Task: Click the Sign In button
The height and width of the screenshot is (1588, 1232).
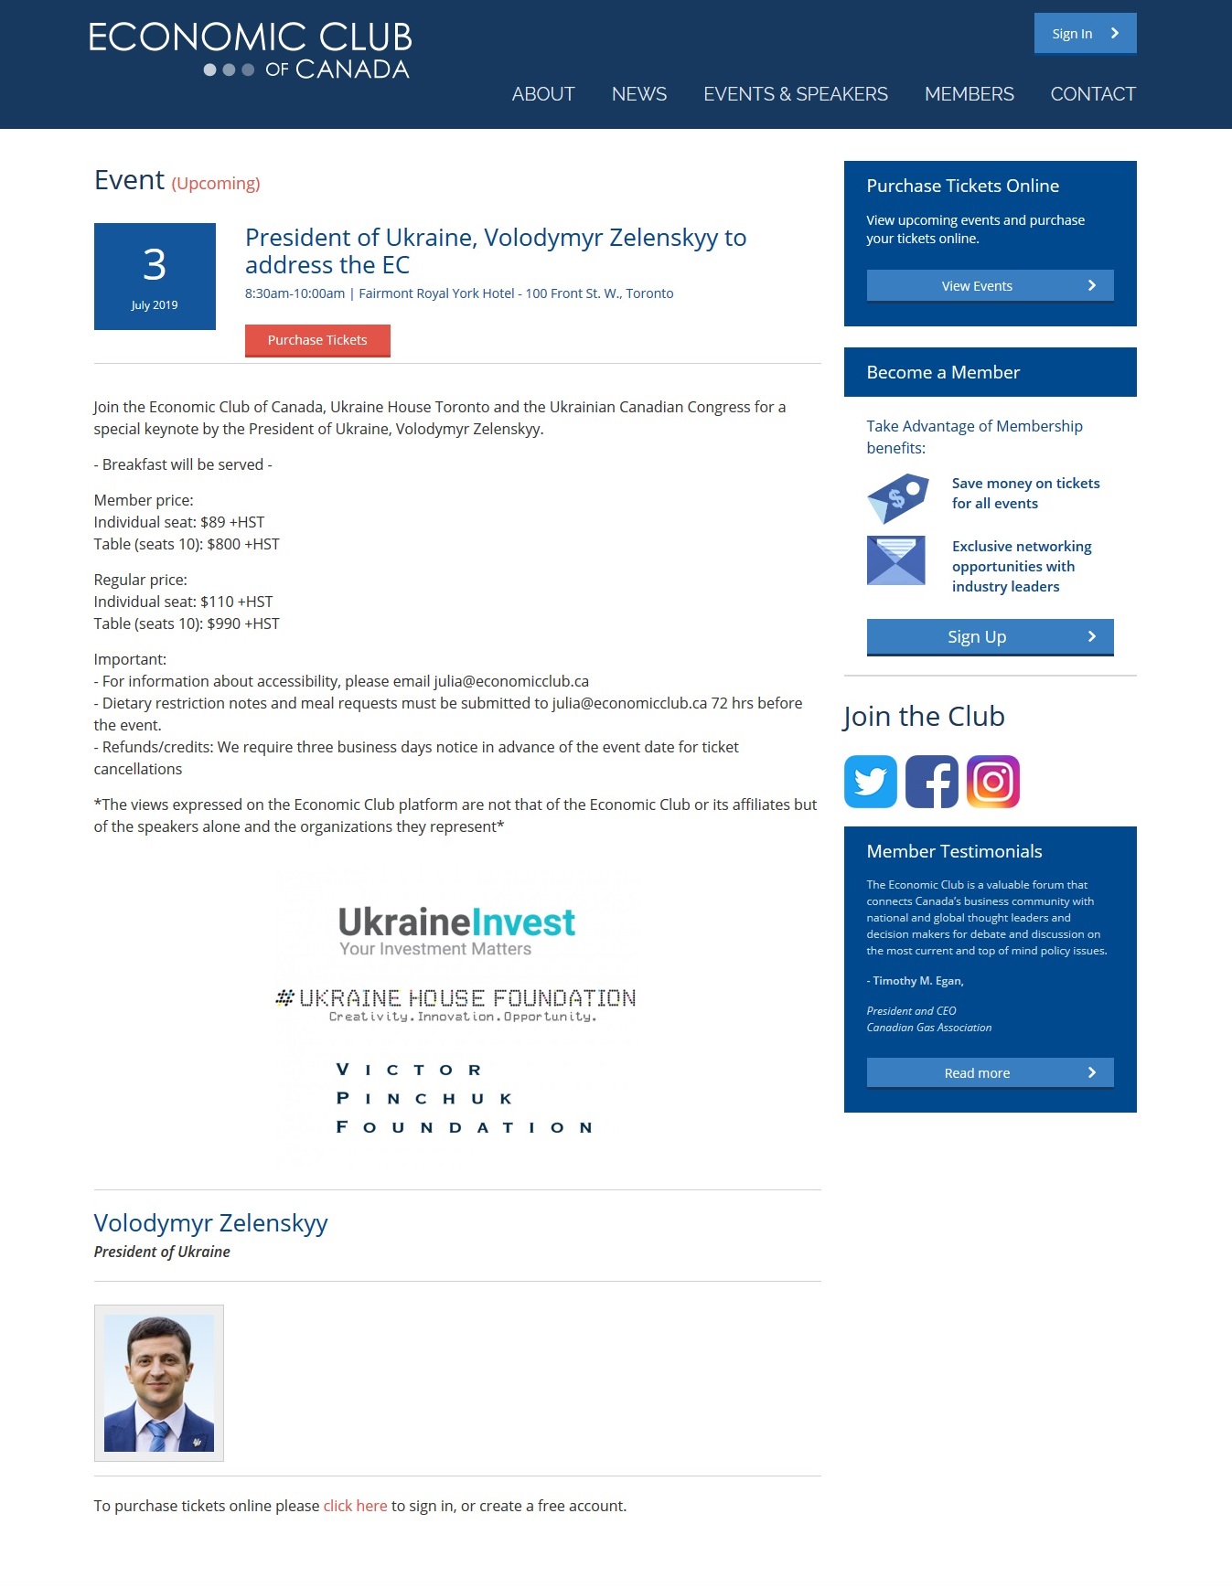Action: [x=1085, y=34]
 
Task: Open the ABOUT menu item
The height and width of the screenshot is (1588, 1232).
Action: [x=543, y=94]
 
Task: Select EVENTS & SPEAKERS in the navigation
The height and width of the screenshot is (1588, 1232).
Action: [x=795, y=94]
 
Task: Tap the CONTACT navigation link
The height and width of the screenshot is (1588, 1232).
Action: [x=1093, y=94]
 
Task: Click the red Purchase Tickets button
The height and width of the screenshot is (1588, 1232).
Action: [x=317, y=340]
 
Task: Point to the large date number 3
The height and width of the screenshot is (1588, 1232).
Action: [x=155, y=265]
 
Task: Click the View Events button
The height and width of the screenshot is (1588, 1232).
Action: [x=990, y=286]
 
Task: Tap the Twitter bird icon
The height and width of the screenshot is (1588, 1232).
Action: [x=870, y=782]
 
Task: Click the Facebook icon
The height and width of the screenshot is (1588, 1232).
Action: [x=931, y=782]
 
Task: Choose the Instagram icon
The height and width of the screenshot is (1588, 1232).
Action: [x=992, y=782]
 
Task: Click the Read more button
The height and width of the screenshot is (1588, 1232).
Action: [x=990, y=1073]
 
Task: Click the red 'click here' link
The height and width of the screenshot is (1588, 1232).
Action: [x=355, y=1506]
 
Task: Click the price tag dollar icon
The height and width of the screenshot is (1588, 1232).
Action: [x=897, y=497]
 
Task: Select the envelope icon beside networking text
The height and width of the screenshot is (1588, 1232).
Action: [x=895, y=560]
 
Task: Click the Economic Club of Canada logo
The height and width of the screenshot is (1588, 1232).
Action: [x=250, y=50]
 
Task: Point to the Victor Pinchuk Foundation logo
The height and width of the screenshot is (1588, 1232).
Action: [x=465, y=1098]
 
